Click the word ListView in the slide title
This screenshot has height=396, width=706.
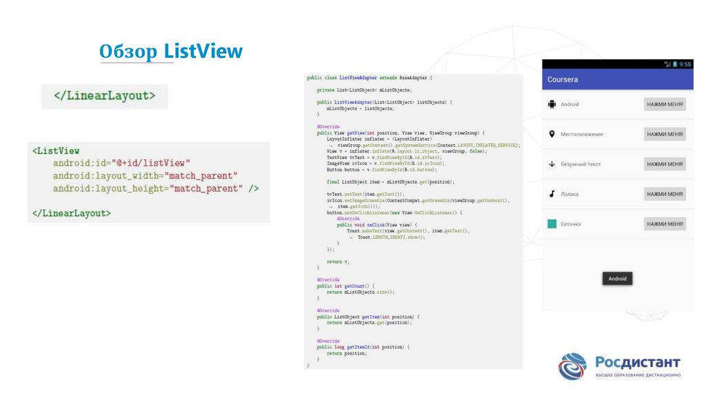point(203,51)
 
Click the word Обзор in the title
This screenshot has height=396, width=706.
point(129,51)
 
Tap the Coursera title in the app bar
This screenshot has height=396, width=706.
point(563,79)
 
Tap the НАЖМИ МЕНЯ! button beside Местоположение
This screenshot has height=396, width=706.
point(665,134)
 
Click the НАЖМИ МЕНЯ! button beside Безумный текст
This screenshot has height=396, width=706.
point(665,164)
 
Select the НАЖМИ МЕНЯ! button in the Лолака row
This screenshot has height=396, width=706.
point(665,194)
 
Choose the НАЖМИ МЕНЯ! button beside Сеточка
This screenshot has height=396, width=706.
point(665,224)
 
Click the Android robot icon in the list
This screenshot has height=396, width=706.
point(552,104)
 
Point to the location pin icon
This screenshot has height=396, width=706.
point(552,134)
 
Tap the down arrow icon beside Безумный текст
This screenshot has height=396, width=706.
point(552,164)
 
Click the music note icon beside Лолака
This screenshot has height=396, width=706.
point(552,194)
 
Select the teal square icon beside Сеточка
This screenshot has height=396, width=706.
point(552,224)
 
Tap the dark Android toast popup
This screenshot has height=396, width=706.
point(617,279)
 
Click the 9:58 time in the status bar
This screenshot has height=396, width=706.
point(685,64)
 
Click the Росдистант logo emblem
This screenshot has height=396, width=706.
point(572,366)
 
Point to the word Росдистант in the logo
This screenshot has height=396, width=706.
point(637,362)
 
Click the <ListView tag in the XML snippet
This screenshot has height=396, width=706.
point(56,150)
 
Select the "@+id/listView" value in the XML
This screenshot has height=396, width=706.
point(150,163)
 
